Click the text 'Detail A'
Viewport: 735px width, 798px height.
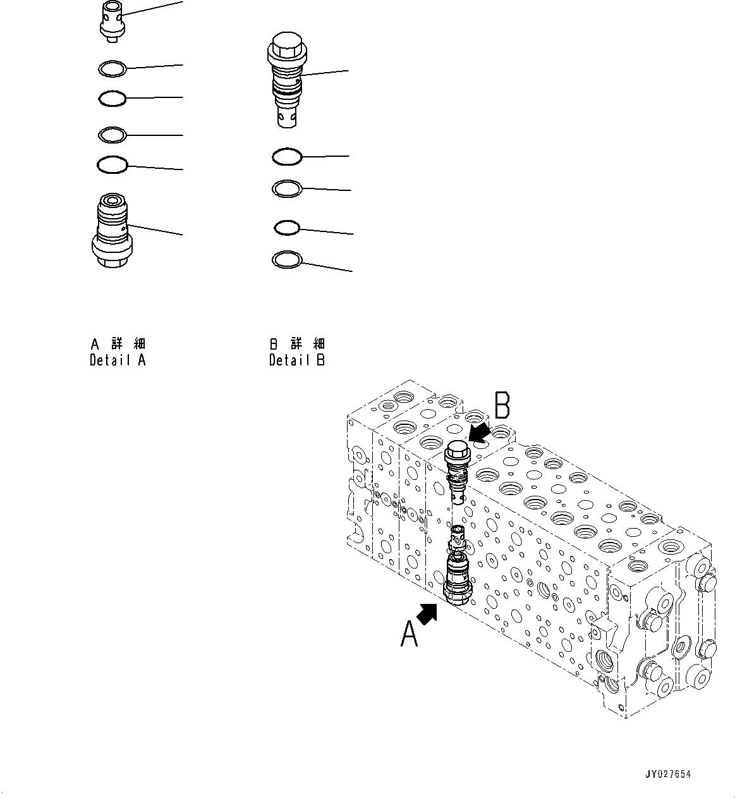pos(118,361)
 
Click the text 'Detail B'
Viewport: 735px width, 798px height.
pos(296,361)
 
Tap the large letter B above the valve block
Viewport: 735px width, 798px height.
pos(502,406)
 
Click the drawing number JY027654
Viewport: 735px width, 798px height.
pos(669,775)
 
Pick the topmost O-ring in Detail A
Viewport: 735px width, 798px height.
pos(113,68)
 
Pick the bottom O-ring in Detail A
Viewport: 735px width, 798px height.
pos(112,165)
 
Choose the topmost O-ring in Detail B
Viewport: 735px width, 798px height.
pos(286,156)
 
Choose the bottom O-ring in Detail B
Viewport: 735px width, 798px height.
pos(286,259)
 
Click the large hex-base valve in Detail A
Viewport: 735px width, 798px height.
pos(112,232)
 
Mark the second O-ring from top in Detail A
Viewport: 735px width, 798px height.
pos(112,99)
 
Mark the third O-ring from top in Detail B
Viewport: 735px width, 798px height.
pos(286,227)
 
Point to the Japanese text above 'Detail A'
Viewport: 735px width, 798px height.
pos(118,344)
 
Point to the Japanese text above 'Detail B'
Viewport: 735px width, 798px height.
pos(296,344)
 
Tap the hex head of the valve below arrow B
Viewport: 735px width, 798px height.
pos(456,451)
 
